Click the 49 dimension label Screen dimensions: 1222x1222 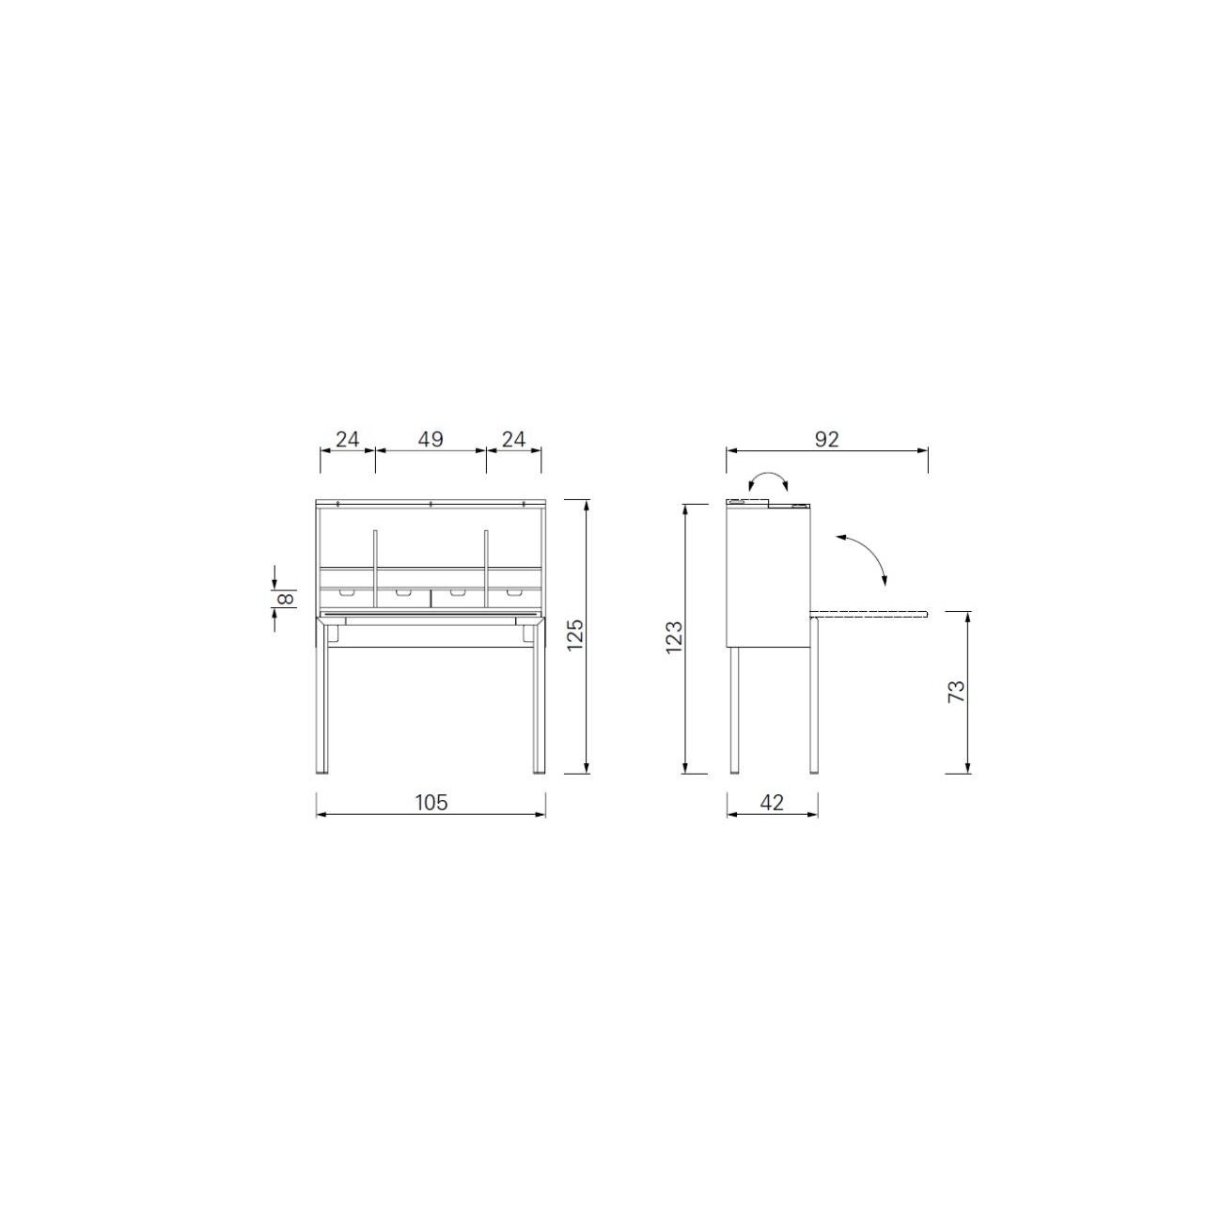click(431, 439)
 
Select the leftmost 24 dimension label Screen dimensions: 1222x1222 click(348, 439)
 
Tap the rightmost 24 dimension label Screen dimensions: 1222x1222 click(513, 439)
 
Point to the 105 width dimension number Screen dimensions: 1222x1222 click(431, 802)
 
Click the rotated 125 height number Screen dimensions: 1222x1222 click(574, 634)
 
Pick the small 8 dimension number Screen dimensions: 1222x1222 click(288, 598)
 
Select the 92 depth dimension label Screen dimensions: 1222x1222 click(826, 439)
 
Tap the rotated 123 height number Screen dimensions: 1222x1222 click(674, 636)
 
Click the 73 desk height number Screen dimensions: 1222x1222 click(956, 691)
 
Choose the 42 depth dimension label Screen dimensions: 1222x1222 click(772, 802)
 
